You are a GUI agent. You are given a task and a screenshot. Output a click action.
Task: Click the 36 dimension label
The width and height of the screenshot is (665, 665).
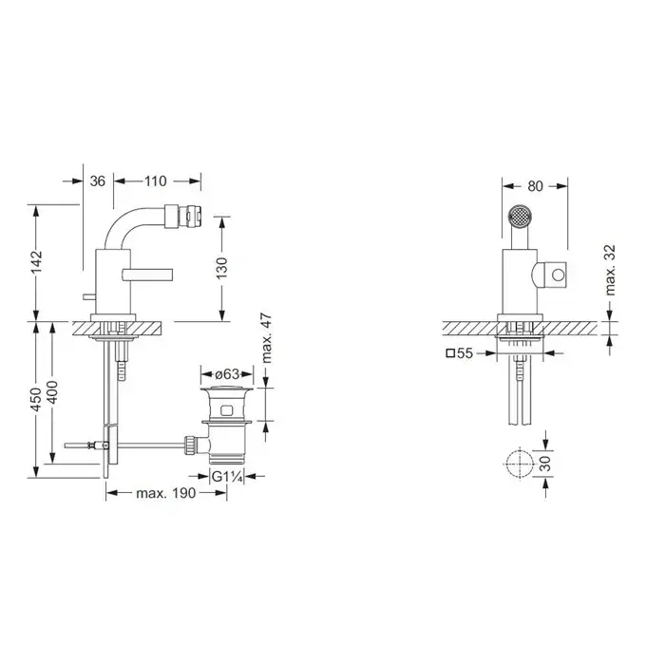coord(97,181)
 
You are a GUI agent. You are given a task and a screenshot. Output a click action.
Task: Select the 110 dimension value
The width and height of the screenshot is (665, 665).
coord(155,181)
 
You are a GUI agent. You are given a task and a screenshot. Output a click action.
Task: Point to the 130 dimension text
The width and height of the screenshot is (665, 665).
coord(221,268)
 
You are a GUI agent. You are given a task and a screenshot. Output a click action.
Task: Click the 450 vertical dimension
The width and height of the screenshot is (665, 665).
coord(36,399)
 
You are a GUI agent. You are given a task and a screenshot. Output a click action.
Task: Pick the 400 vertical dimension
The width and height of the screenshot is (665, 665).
coord(52,392)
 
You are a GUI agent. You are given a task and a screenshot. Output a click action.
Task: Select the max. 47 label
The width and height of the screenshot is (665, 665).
coord(266,338)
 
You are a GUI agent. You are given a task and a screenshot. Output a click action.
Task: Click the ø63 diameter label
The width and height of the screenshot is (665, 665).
coord(227,374)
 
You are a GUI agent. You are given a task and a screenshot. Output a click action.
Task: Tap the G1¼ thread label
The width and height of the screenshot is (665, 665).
coord(227,476)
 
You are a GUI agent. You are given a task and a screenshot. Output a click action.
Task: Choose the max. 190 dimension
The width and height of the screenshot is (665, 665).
coord(166,493)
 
